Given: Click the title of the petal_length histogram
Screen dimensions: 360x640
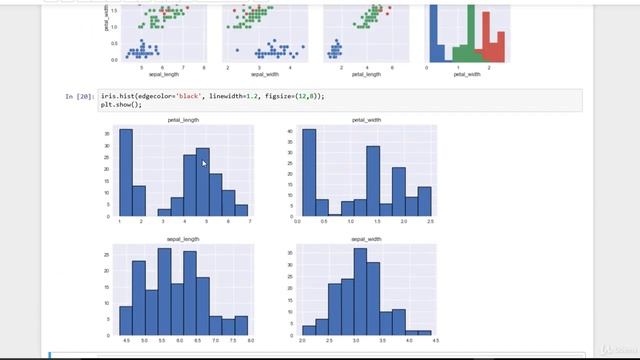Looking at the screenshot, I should (x=184, y=120).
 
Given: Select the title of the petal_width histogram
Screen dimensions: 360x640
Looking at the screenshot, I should (x=367, y=120).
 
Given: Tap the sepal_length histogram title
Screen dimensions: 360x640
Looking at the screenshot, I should (x=184, y=240).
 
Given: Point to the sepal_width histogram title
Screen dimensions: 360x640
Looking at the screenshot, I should (x=367, y=240).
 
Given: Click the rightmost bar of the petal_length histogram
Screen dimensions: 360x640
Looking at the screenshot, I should (x=241, y=211).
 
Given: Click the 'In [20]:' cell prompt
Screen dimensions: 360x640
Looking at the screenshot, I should (x=79, y=96).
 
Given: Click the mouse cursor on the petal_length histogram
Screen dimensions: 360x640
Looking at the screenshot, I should (x=203, y=163).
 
